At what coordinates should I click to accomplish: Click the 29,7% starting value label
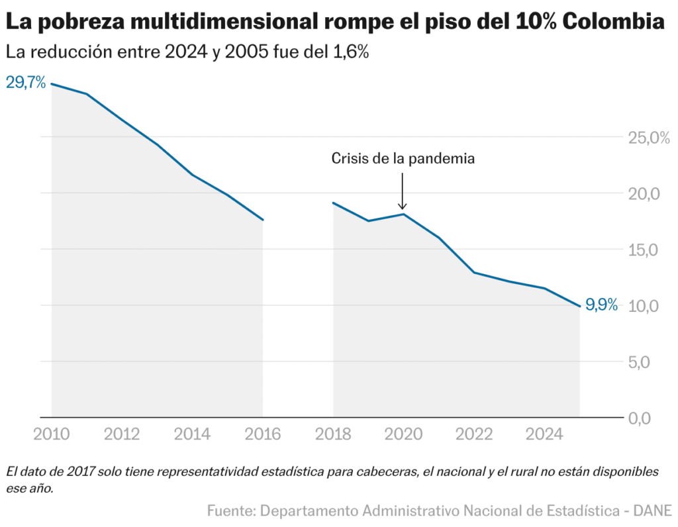[x=26, y=83]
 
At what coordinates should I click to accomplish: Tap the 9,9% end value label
[x=601, y=305]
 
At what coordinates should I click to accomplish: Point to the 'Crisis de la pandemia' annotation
[x=403, y=159]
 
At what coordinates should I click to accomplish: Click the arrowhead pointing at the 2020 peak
[x=403, y=207]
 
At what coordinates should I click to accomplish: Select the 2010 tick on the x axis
[x=52, y=434]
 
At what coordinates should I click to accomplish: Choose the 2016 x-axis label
[x=263, y=434]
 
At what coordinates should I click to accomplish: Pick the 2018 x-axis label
[x=333, y=434]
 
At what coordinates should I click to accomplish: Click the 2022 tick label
[x=474, y=434]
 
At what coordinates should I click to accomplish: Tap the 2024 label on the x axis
[x=544, y=434]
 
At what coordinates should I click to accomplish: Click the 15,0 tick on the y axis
[x=643, y=250]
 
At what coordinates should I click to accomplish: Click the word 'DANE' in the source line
[x=653, y=510]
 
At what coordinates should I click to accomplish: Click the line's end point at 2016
[x=263, y=220]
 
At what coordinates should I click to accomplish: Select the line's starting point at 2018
[x=333, y=203]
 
